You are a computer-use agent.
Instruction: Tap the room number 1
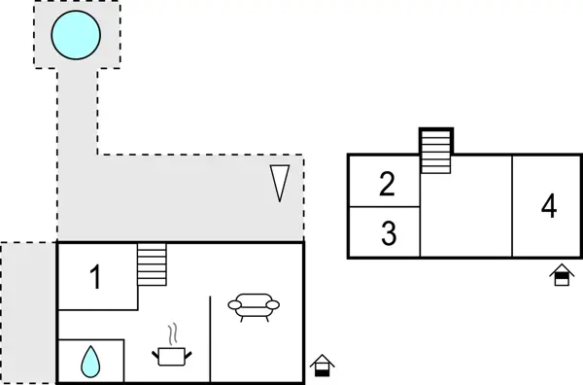(x=95, y=278)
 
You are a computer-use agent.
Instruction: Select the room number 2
(x=388, y=184)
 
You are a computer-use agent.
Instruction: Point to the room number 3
(x=389, y=234)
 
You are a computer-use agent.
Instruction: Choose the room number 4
(x=549, y=207)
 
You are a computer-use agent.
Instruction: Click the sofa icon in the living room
(x=254, y=307)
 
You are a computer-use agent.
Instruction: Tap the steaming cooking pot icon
(x=172, y=355)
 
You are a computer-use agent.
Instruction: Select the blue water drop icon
(x=90, y=362)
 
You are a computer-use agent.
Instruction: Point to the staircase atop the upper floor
(x=436, y=152)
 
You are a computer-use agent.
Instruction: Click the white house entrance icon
(x=322, y=366)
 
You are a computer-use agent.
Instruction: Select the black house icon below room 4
(x=561, y=275)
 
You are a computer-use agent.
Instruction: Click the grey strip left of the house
(x=27, y=311)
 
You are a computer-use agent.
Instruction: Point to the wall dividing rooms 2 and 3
(x=384, y=207)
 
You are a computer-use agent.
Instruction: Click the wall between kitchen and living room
(x=211, y=339)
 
